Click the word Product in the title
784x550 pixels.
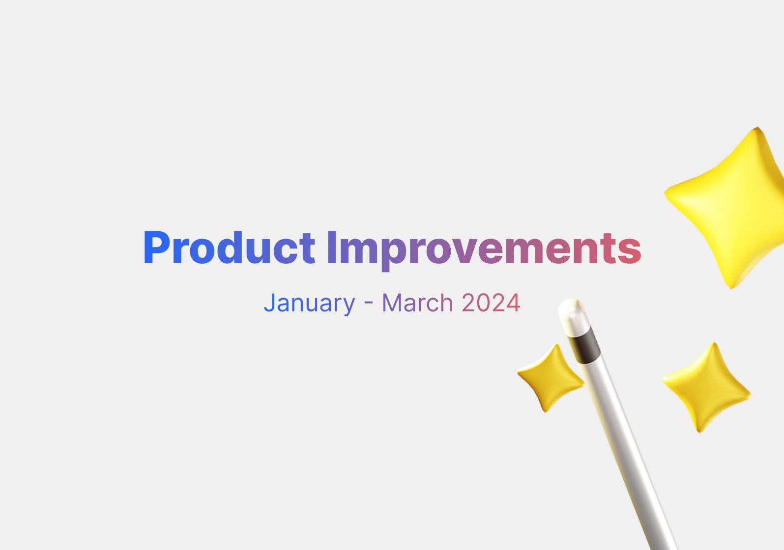[x=229, y=248]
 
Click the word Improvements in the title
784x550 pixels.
[x=484, y=248]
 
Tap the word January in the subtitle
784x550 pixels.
[x=309, y=303]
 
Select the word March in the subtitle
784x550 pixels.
[x=417, y=303]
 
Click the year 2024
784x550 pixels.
[x=491, y=303]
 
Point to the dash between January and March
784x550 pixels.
[x=369, y=304]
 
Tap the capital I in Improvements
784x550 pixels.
[x=332, y=248]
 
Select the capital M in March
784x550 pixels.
[x=392, y=303]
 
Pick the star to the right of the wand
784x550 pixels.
[x=706, y=387]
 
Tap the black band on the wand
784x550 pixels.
[x=584, y=346]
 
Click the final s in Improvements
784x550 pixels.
[x=631, y=249]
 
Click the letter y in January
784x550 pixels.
[x=348, y=305]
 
